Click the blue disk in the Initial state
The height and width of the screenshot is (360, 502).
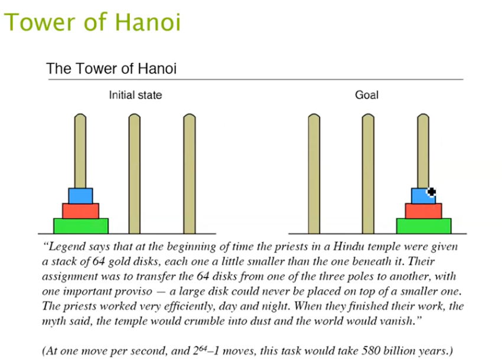(80, 195)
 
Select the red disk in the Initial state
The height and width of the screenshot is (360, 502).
(80, 211)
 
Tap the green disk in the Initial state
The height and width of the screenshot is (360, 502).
(80, 226)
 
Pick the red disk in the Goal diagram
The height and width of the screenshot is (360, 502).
(423, 211)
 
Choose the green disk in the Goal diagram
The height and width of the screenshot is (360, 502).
(423, 226)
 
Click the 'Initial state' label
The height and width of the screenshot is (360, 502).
(135, 95)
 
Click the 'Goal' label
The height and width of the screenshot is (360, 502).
(367, 95)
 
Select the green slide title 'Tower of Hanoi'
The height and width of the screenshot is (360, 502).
(92, 22)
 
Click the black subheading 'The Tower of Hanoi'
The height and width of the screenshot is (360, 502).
(112, 68)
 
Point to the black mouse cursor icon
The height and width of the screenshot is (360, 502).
(431, 191)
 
